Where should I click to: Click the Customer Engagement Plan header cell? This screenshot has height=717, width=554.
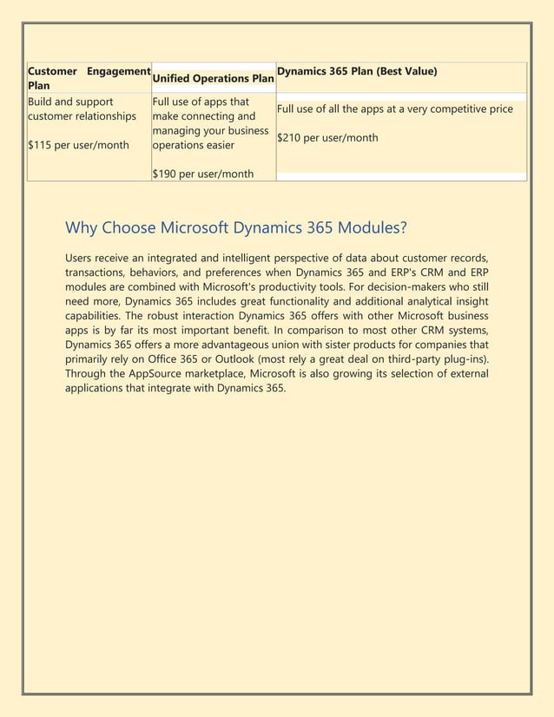point(89,77)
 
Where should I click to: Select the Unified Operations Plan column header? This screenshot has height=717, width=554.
point(213,78)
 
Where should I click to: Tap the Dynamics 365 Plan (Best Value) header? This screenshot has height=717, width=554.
point(356,70)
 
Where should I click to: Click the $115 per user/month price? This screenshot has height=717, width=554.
point(78,145)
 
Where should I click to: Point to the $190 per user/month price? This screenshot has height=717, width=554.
point(202,174)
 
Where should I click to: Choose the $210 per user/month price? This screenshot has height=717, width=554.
point(326,137)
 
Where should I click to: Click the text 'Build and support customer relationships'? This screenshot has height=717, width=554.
point(82,109)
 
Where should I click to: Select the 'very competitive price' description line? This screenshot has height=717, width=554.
point(394,109)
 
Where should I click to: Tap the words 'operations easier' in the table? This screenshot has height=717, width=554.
point(193,145)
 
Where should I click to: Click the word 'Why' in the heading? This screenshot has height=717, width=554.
point(82,228)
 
